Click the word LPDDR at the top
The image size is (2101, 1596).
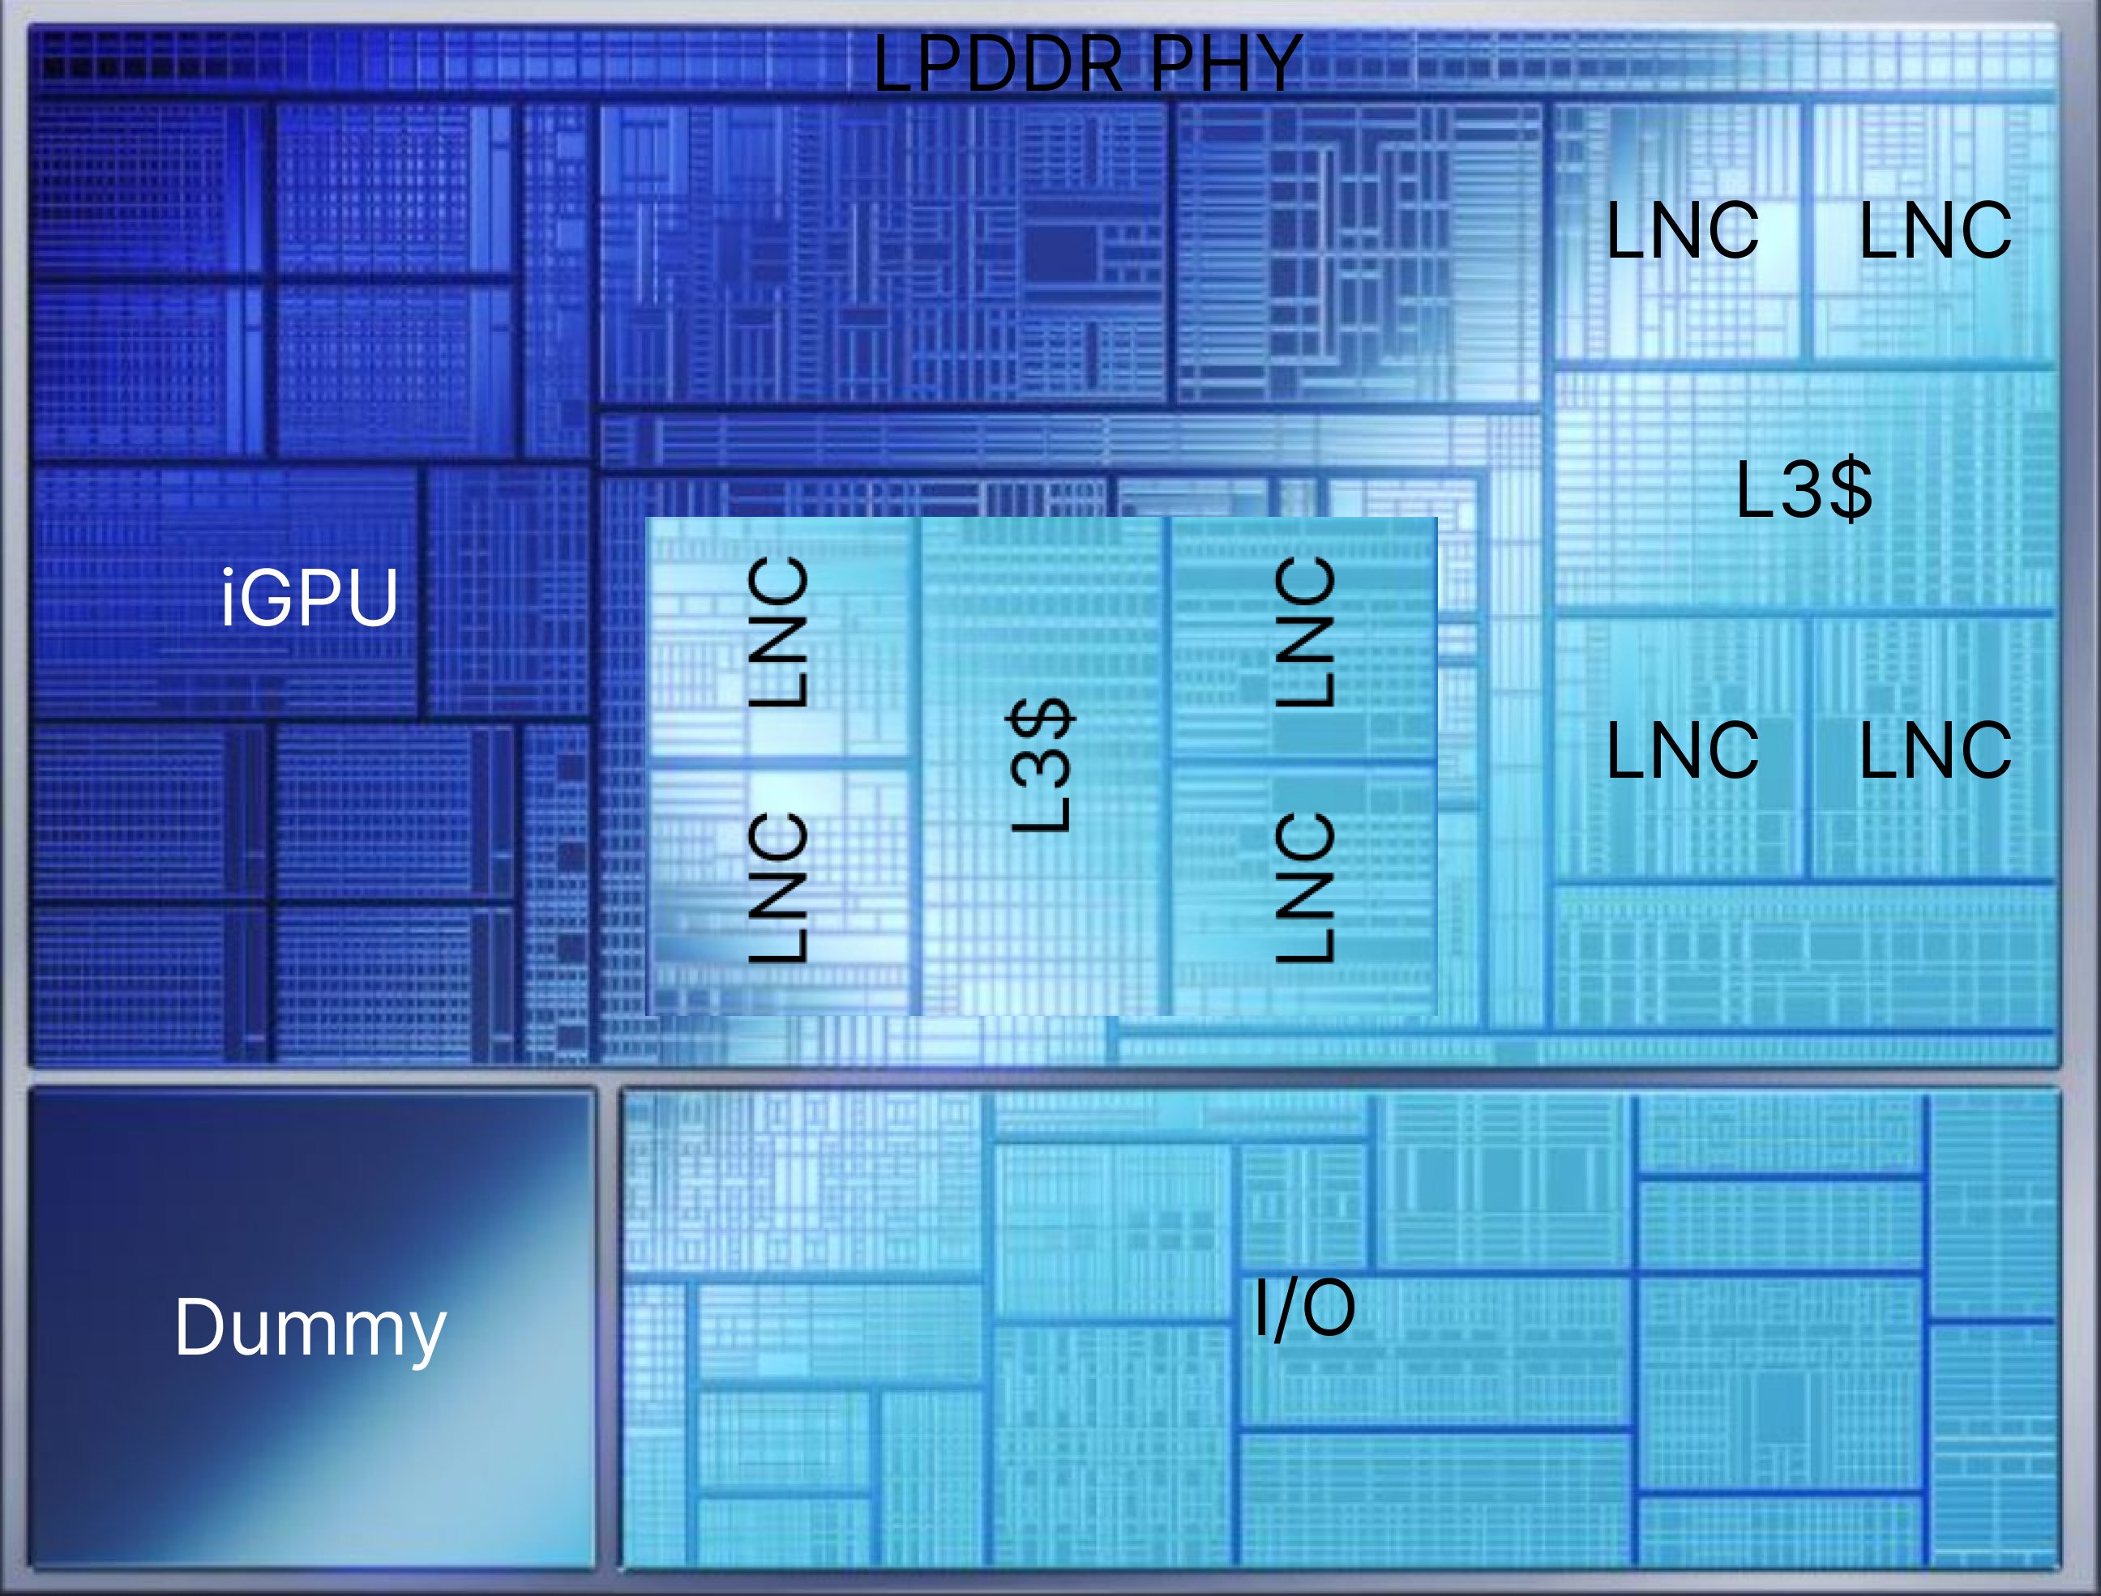[x=998, y=65]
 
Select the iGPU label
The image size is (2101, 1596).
[x=309, y=598]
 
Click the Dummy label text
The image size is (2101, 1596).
[x=310, y=1328]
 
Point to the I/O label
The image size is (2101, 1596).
[x=1303, y=1309]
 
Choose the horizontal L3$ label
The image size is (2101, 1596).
[x=1804, y=489]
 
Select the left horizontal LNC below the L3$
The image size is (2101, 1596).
[x=1682, y=750]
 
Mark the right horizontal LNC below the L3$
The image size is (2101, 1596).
[x=1935, y=750]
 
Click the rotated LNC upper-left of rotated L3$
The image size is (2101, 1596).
[x=778, y=632]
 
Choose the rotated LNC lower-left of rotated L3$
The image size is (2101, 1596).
[x=778, y=887]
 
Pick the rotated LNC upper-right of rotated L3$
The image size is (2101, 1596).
[x=1305, y=632]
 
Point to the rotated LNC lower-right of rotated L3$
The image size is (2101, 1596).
[x=1305, y=887]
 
